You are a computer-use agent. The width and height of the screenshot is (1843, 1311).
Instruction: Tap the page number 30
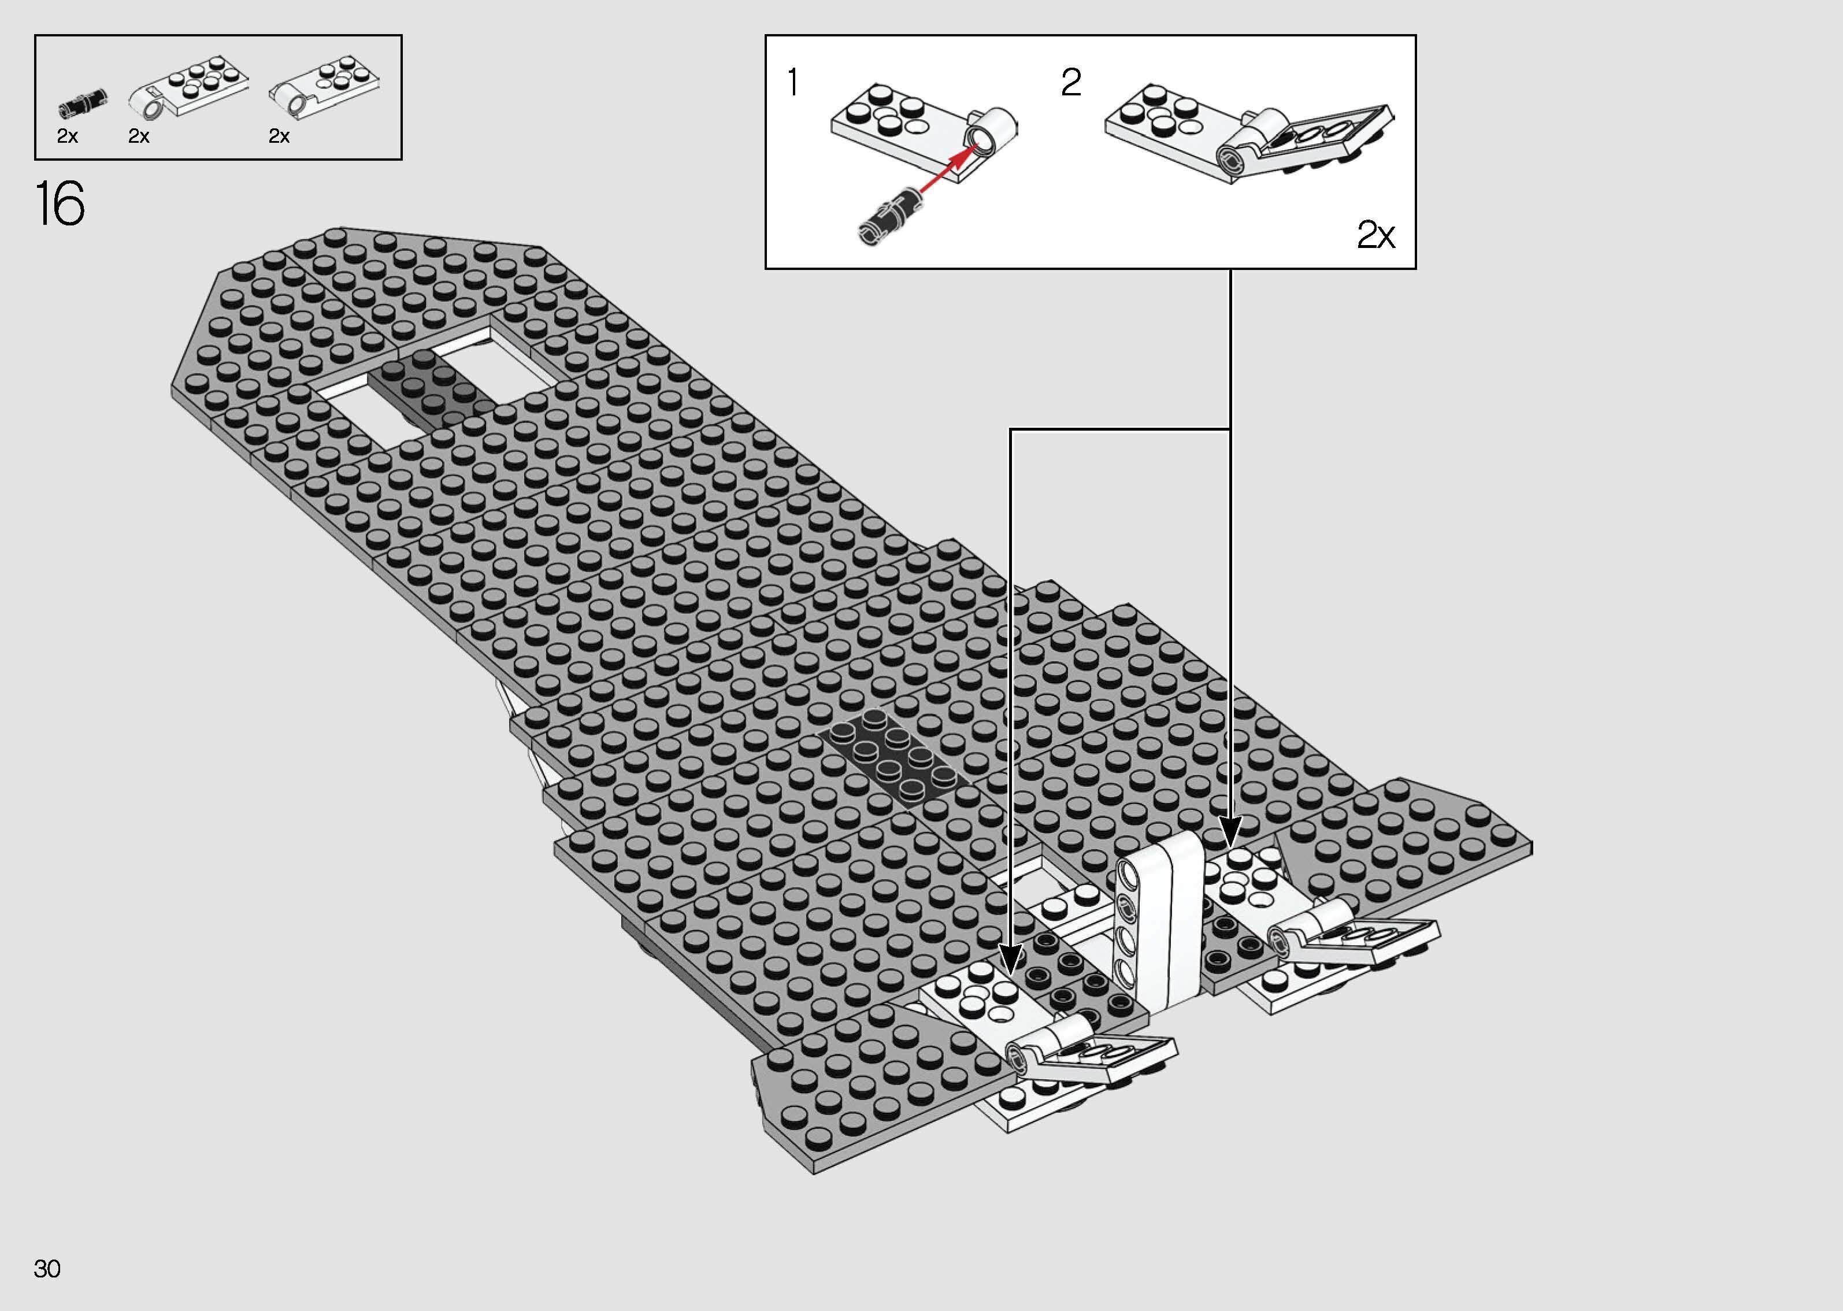(47, 1268)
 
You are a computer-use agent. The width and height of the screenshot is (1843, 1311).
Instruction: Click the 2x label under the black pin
(68, 136)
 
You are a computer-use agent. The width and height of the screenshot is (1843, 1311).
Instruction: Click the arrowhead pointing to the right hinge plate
(1230, 831)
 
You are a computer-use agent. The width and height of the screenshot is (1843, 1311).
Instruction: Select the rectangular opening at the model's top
(500, 363)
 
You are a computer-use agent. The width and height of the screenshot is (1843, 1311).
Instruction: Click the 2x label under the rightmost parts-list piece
(279, 136)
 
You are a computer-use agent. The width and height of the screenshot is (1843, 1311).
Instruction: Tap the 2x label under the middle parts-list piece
(139, 136)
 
